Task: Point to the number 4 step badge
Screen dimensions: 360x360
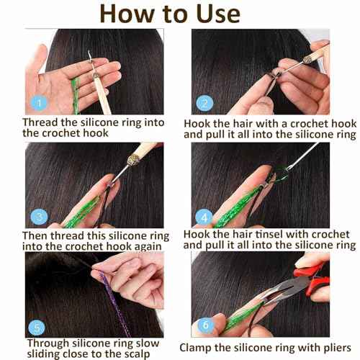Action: point(207,216)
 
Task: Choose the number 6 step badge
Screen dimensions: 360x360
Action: point(207,325)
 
